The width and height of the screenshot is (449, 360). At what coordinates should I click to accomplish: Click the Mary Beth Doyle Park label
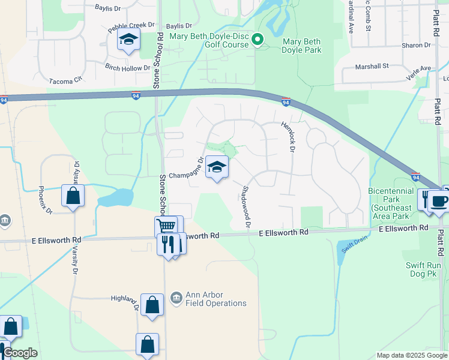[301, 46]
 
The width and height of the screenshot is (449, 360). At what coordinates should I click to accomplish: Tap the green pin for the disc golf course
[258, 40]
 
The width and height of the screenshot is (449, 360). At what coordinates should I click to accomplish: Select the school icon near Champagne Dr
[217, 167]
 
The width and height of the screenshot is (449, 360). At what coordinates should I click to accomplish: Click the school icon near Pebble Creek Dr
[128, 40]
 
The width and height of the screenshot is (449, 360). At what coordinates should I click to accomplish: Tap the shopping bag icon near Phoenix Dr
[73, 196]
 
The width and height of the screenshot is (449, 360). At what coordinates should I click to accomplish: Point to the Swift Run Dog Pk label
[428, 274]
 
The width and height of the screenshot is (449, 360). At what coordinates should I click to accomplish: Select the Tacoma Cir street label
[65, 81]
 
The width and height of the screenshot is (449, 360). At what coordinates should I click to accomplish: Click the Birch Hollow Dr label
[127, 68]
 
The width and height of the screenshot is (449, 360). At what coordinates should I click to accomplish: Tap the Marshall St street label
[372, 66]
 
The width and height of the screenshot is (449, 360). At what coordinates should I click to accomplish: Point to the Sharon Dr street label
[417, 45]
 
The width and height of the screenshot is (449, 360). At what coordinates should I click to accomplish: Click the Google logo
[20, 353]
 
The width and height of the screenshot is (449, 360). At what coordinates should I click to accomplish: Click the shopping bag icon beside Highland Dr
[152, 304]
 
